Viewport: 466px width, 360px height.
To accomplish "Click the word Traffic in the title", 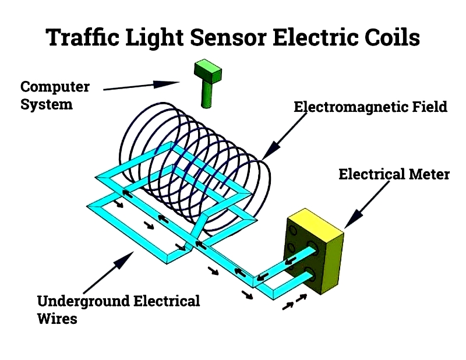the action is coord(83,37).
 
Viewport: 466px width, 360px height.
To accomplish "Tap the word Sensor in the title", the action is coord(228,37).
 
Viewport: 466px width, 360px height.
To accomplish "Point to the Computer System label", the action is coord(55,96).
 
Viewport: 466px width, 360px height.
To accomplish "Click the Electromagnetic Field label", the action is coord(370,107).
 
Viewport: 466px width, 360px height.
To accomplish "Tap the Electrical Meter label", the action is coord(394,174).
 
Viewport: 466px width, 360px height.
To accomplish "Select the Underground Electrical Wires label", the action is coord(118,310).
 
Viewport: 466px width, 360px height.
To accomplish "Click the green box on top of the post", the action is coord(208,71).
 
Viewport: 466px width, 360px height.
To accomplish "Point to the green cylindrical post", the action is coord(207,95).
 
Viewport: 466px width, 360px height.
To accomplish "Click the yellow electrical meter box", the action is coord(313,251).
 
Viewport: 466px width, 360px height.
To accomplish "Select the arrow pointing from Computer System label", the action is coord(142,85).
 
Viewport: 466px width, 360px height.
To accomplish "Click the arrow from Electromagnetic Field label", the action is coord(284,137).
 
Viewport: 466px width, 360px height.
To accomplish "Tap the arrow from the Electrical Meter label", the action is coord(367,205).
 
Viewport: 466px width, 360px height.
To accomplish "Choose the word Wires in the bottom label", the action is coord(57,319).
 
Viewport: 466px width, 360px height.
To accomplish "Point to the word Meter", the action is coord(429,174).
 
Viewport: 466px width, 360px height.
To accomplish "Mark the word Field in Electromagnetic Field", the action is coord(429,107).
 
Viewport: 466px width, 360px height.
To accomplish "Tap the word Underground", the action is coord(83,302).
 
